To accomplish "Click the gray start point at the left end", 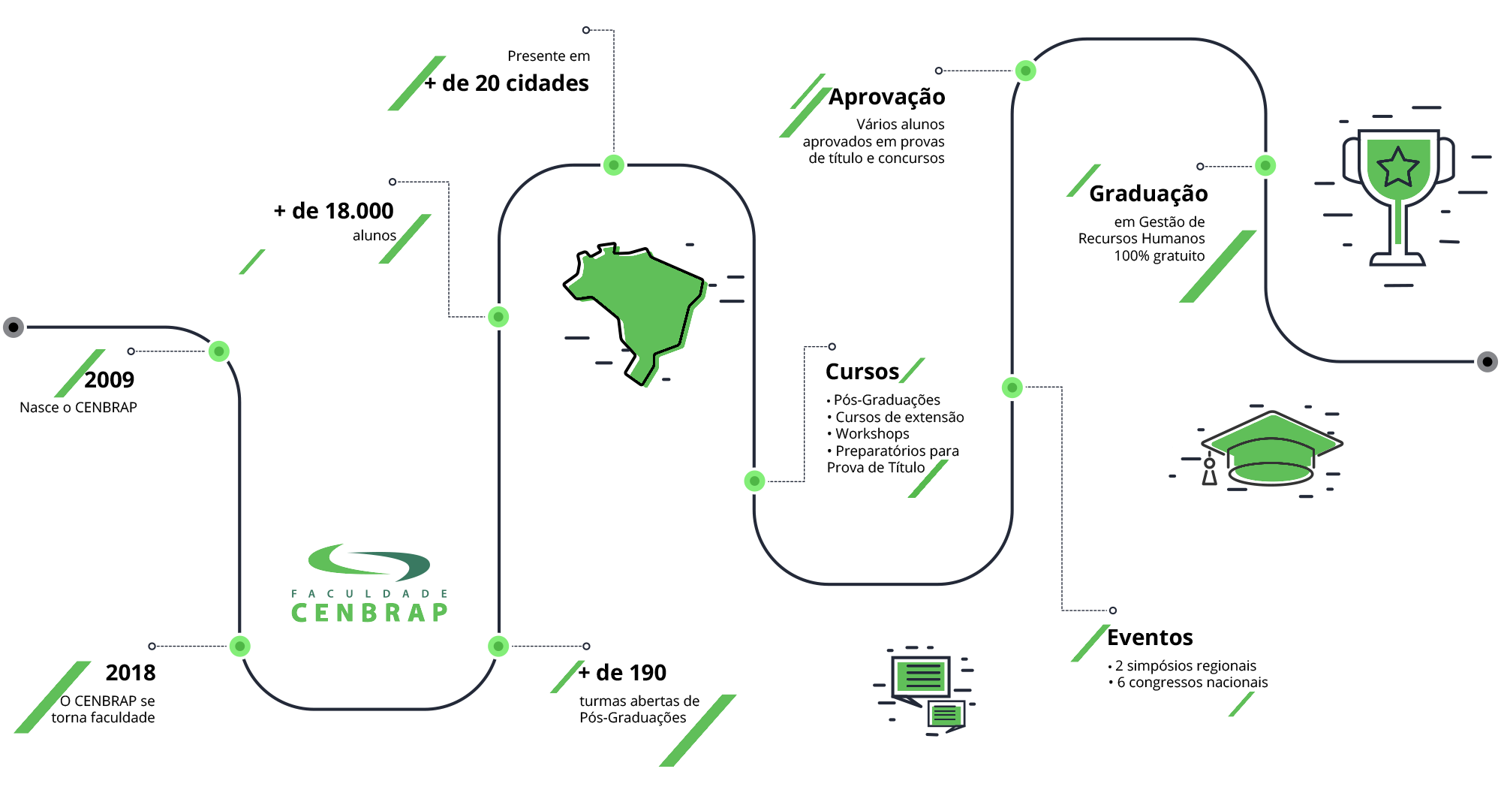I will click(14, 327).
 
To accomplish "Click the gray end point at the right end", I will click(1487, 362).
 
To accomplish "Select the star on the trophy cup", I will click(1397, 167).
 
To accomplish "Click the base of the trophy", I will click(1397, 260).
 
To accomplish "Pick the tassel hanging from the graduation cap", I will click(1209, 472).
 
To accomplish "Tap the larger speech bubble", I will click(920, 676).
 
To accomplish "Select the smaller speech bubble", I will click(946, 715).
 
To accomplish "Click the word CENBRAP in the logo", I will click(369, 613).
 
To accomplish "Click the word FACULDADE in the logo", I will click(369, 593).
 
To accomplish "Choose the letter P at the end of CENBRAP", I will click(440, 613).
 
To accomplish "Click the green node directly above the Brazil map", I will click(614, 165).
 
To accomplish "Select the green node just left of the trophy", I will click(1265, 165).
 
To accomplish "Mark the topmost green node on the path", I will click(1025, 71).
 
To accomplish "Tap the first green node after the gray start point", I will click(219, 351).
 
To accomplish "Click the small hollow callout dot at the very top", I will click(586, 31).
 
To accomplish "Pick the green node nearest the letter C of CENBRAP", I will click(240, 646).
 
